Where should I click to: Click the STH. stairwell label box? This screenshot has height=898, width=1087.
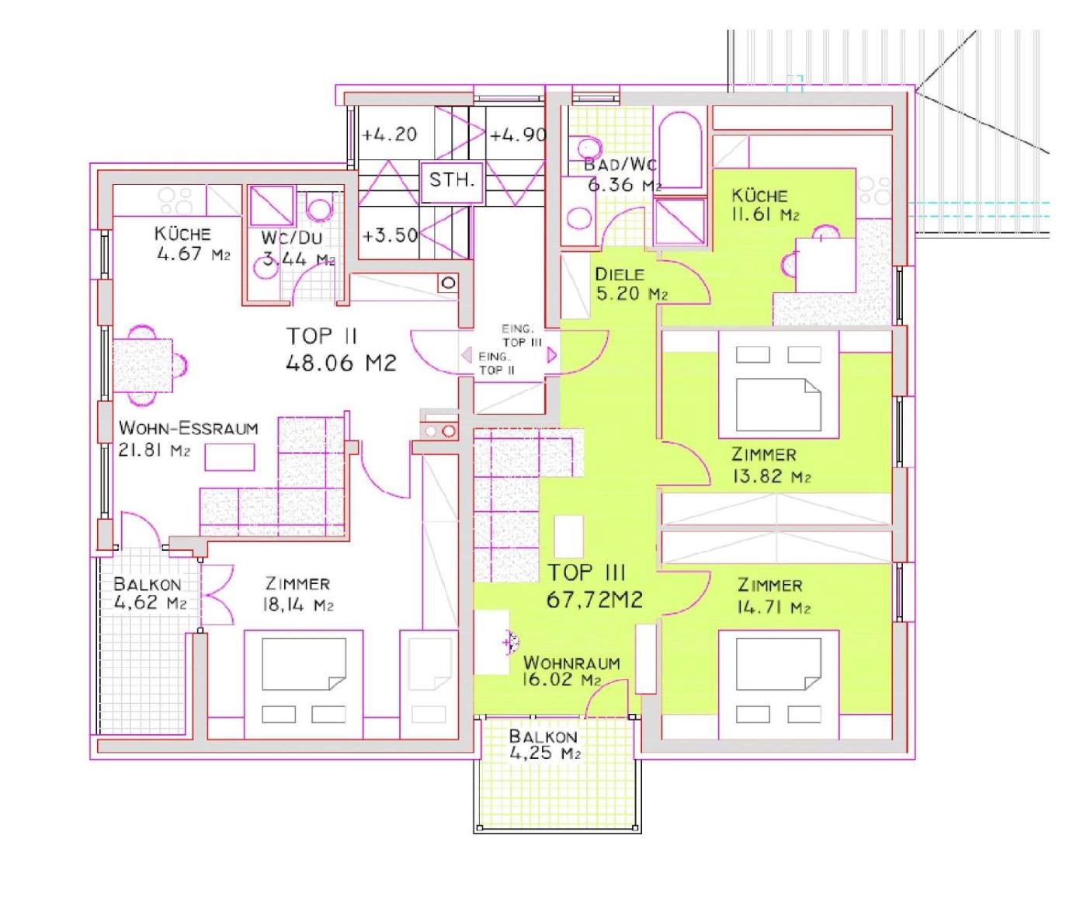pyautogui.click(x=452, y=181)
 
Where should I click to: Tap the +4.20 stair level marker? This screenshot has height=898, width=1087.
pyautogui.click(x=390, y=135)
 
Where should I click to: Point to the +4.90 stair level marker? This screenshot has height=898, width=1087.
pyautogui.click(x=518, y=135)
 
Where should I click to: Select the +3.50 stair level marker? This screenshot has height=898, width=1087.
pyautogui.click(x=390, y=235)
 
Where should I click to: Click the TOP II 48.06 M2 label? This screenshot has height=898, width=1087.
pyautogui.click(x=341, y=350)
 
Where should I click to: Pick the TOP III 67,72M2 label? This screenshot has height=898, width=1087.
pyautogui.click(x=594, y=586)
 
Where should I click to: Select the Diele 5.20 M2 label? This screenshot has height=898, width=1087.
pyautogui.click(x=631, y=284)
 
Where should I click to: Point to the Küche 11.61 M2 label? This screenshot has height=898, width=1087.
pyautogui.click(x=765, y=205)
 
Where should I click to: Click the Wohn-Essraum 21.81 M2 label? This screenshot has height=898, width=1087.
pyautogui.click(x=188, y=439)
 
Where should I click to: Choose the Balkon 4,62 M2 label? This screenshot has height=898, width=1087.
pyautogui.click(x=150, y=593)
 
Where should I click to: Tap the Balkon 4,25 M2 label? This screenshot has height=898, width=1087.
pyautogui.click(x=544, y=745)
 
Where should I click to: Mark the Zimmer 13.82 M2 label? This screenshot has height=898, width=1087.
pyautogui.click(x=771, y=465)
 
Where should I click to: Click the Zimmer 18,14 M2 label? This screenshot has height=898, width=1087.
pyautogui.click(x=298, y=594)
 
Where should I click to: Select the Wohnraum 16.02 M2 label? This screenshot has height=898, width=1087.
pyautogui.click(x=571, y=671)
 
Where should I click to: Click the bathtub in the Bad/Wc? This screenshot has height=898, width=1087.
pyautogui.click(x=680, y=150)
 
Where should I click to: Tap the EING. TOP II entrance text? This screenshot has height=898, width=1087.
pyautogui.click(x=496, y=364)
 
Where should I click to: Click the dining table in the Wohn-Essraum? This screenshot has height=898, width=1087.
pyautogui.click(x=143, y=364)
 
